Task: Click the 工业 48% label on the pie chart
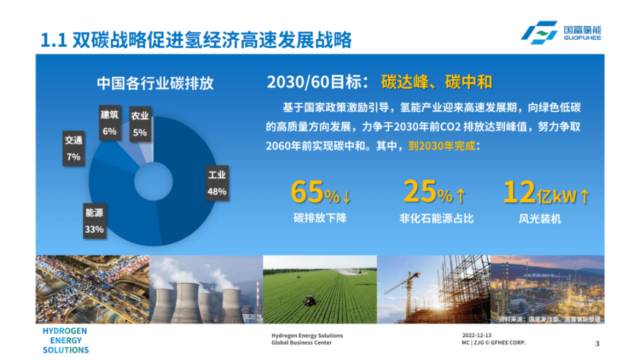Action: pyautogui.click(x=217, y=183)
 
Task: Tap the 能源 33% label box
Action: pyautogui.click(x=94, y=221)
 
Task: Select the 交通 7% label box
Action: pyautogui.click(x=74, y=148)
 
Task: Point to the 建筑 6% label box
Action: pyautogui.click(x=110, y=123)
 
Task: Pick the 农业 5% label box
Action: pyautogui.click(x=140, y=124)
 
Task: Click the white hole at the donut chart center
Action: pyautogui.click(x=153, y=182)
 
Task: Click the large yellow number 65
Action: pyautogui.click(x=307, y=192)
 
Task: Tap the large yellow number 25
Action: pyautogui.click(x=420, y=191)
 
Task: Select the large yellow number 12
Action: pyautogui.click(x=519, y=192)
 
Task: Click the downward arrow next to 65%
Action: pyautogui.click(x=346, y=196)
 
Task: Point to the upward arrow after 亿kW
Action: pyautogui.click(x=584, y=196)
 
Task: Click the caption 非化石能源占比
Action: pyautogui.click(x=437, y=219)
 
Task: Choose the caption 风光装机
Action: pyautogui.click(x=540, y=219)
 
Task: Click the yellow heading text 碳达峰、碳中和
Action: pyautogui.click(x=437, y=82)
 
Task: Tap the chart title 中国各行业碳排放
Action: pyautogui.click(x=155, y=83)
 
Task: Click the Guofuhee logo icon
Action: pyautogui.click(x=539, y=33)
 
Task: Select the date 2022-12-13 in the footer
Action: pyautogui.click(x=477, y=335)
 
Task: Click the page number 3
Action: pyautogui.click(x=598, y=344)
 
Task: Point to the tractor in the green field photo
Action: pyautogui.click(x=310, y=301)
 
